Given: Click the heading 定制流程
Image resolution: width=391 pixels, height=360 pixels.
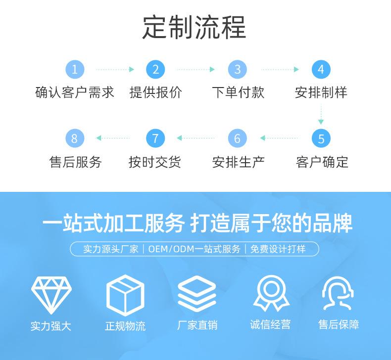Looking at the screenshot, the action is click(194, 27).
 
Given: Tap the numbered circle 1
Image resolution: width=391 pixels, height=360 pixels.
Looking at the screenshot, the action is click(75, 69).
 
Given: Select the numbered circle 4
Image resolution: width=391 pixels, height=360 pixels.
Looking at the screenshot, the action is click(321, 69).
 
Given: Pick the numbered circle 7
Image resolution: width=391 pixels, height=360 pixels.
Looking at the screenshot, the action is click(155, 138).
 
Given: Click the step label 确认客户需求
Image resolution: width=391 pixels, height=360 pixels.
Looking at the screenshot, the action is click(75, 92).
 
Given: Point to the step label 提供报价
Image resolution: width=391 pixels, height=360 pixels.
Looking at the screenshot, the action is click(155, 92).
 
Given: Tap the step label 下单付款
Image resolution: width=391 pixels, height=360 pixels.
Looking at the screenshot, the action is click(238, 92).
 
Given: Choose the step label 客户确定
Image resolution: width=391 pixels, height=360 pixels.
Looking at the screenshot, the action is click(322, 162).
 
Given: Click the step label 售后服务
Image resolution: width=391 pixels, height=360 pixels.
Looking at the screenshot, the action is click(75, 162).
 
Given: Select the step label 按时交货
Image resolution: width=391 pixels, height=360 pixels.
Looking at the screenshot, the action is click(155, 162).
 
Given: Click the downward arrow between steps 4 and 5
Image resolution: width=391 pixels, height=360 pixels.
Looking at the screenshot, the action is click(321, 115).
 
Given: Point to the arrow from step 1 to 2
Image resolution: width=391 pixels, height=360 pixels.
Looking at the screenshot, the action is click(115, 70).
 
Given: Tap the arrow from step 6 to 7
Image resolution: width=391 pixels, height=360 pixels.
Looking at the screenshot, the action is click(196, 138).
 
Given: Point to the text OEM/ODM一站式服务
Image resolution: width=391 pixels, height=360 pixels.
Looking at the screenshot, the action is click(194, 249).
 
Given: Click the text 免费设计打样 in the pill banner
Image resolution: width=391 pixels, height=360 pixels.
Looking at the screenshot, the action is click(278, 249).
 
